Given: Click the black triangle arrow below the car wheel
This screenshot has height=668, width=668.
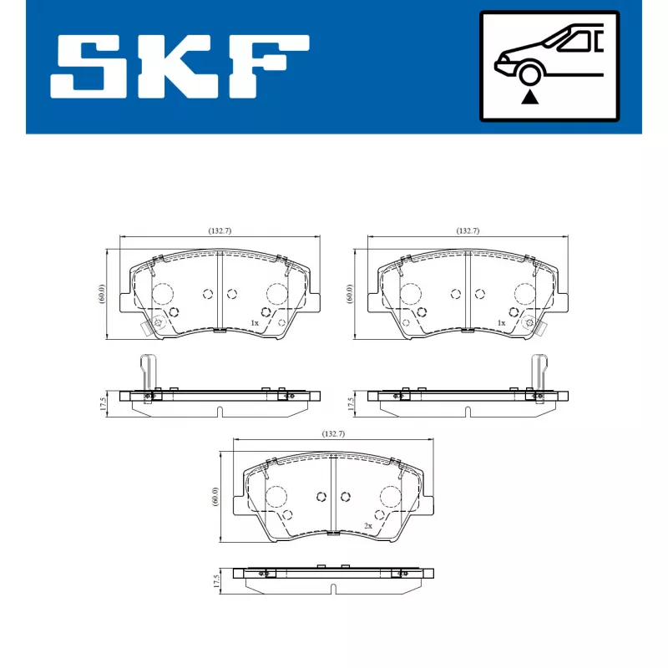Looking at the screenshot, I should coord(529,98).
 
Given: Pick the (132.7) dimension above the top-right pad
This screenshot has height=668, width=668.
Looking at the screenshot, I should coord(468,230).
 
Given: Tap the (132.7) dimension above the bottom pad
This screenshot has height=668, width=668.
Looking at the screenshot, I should coord(333,434).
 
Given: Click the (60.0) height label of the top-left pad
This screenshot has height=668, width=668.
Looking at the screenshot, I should coord(102,295).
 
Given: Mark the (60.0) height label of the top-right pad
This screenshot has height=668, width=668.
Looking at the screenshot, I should coord(350,295).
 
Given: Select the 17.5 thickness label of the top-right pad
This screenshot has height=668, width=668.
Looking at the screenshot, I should coord(351,404).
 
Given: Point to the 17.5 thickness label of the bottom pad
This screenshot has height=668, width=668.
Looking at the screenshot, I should coord(216,581).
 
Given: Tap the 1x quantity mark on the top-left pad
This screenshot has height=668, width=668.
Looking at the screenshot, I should coord(255,322).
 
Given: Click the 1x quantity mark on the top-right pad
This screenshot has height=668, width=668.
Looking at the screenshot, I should coord(501,322).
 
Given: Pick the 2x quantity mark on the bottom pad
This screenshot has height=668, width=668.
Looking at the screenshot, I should coord(367,526).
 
